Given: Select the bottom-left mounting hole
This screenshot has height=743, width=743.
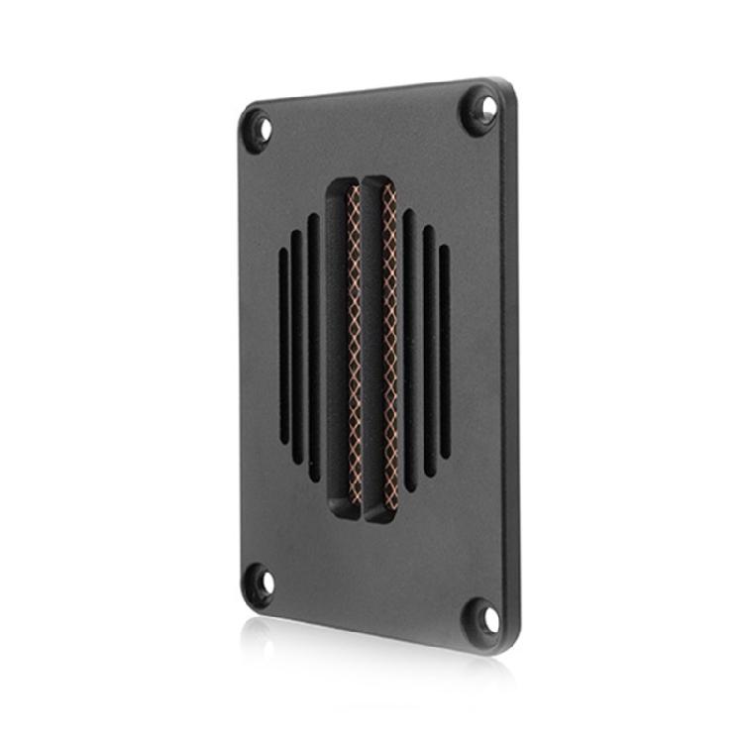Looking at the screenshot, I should coord(259,584).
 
